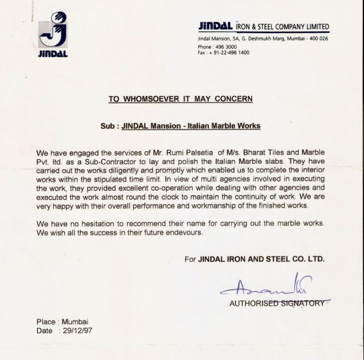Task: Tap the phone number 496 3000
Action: point(224,47)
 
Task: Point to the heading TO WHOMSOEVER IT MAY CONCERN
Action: point(181,99)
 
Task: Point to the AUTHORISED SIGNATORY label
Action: point(276,303)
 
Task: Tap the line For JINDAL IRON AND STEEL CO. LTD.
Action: point(254,259)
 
